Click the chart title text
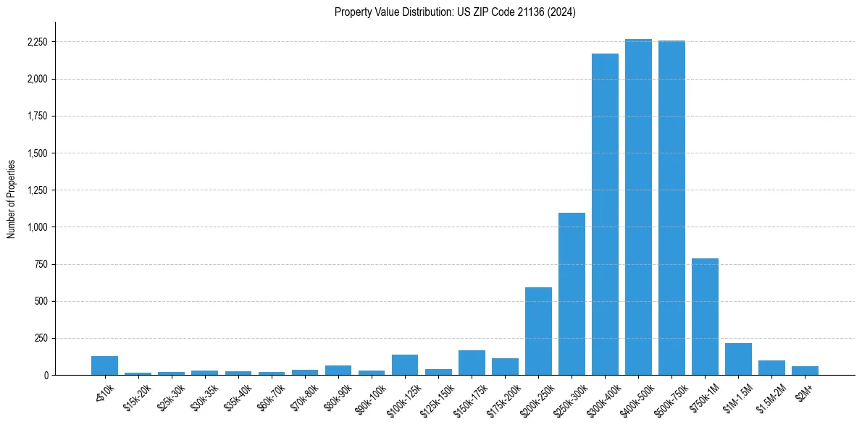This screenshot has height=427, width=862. pos(455,12)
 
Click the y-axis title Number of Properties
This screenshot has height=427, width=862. pos(12,198)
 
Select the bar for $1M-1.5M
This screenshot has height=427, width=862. pos(738,359)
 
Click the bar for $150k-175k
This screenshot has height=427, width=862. pos(472,363)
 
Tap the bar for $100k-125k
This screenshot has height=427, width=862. pos(405,365)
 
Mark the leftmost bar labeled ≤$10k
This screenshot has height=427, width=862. pos(105,365)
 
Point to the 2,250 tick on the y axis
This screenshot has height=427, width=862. pos(36,42)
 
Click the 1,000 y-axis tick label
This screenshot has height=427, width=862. pos(36,227)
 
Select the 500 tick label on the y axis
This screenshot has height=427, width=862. pos(41,301)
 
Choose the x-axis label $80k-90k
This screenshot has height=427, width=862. pos(336,394)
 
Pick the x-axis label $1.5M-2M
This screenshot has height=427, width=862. pos(769,395)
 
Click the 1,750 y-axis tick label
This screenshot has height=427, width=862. pos(36,117)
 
